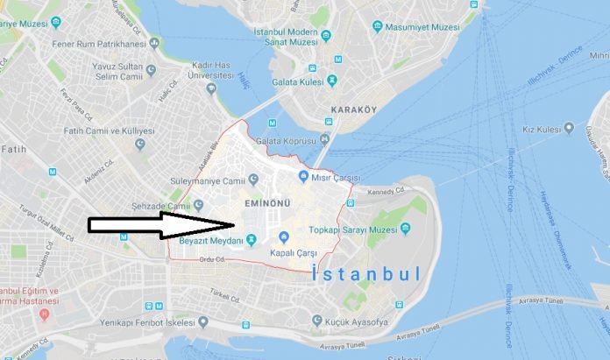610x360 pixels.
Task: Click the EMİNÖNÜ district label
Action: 266,202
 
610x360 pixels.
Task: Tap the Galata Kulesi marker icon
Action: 332,81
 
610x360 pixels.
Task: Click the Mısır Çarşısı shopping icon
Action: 302,177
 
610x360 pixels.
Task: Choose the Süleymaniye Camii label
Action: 209,182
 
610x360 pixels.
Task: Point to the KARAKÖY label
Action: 353,110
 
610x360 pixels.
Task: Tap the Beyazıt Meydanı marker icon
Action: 251,239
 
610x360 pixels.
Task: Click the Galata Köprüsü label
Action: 286,141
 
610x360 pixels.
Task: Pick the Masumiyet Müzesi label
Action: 424,28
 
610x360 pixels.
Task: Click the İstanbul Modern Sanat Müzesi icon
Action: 326,35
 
